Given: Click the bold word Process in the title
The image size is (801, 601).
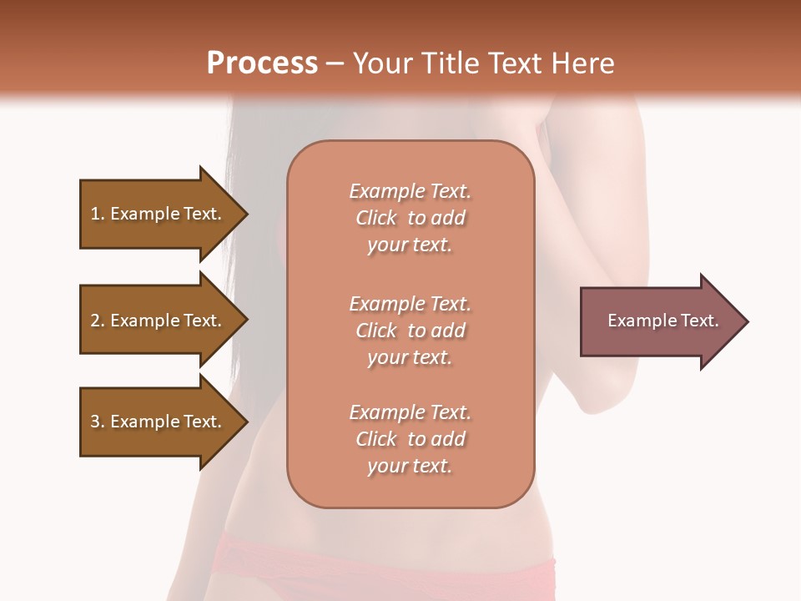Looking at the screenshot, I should tap(262, 63).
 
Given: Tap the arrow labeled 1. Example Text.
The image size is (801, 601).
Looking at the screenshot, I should tap(159, 214).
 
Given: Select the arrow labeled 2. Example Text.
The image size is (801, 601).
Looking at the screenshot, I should tap(159, 321).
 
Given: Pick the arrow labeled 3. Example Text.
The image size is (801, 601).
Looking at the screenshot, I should tap(159, 422).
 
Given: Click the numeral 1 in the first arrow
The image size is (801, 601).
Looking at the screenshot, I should tap(95, 214).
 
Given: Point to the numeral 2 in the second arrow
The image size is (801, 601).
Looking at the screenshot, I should tap(95, 321).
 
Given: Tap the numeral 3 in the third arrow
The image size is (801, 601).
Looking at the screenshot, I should tap(95, 422).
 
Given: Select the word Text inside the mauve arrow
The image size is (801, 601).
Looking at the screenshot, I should tap(699, 321).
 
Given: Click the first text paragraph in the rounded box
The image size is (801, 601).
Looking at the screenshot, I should tap(410, 218).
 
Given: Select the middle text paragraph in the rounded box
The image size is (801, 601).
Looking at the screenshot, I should tap(410, 331).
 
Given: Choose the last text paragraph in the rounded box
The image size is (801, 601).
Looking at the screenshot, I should tap(410, 439).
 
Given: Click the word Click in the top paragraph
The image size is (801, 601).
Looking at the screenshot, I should tap(376, 218).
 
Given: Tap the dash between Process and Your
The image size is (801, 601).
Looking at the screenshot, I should tap(335, 63).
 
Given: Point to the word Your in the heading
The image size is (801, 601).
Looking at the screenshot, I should tap(380, 63).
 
